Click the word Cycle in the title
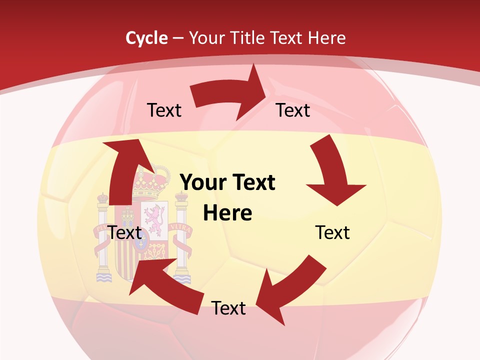146,38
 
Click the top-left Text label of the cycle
164,110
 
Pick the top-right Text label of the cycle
293,110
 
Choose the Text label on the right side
332,232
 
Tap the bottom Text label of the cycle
228,308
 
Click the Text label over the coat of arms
125,232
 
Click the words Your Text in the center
227,182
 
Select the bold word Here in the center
227,213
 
